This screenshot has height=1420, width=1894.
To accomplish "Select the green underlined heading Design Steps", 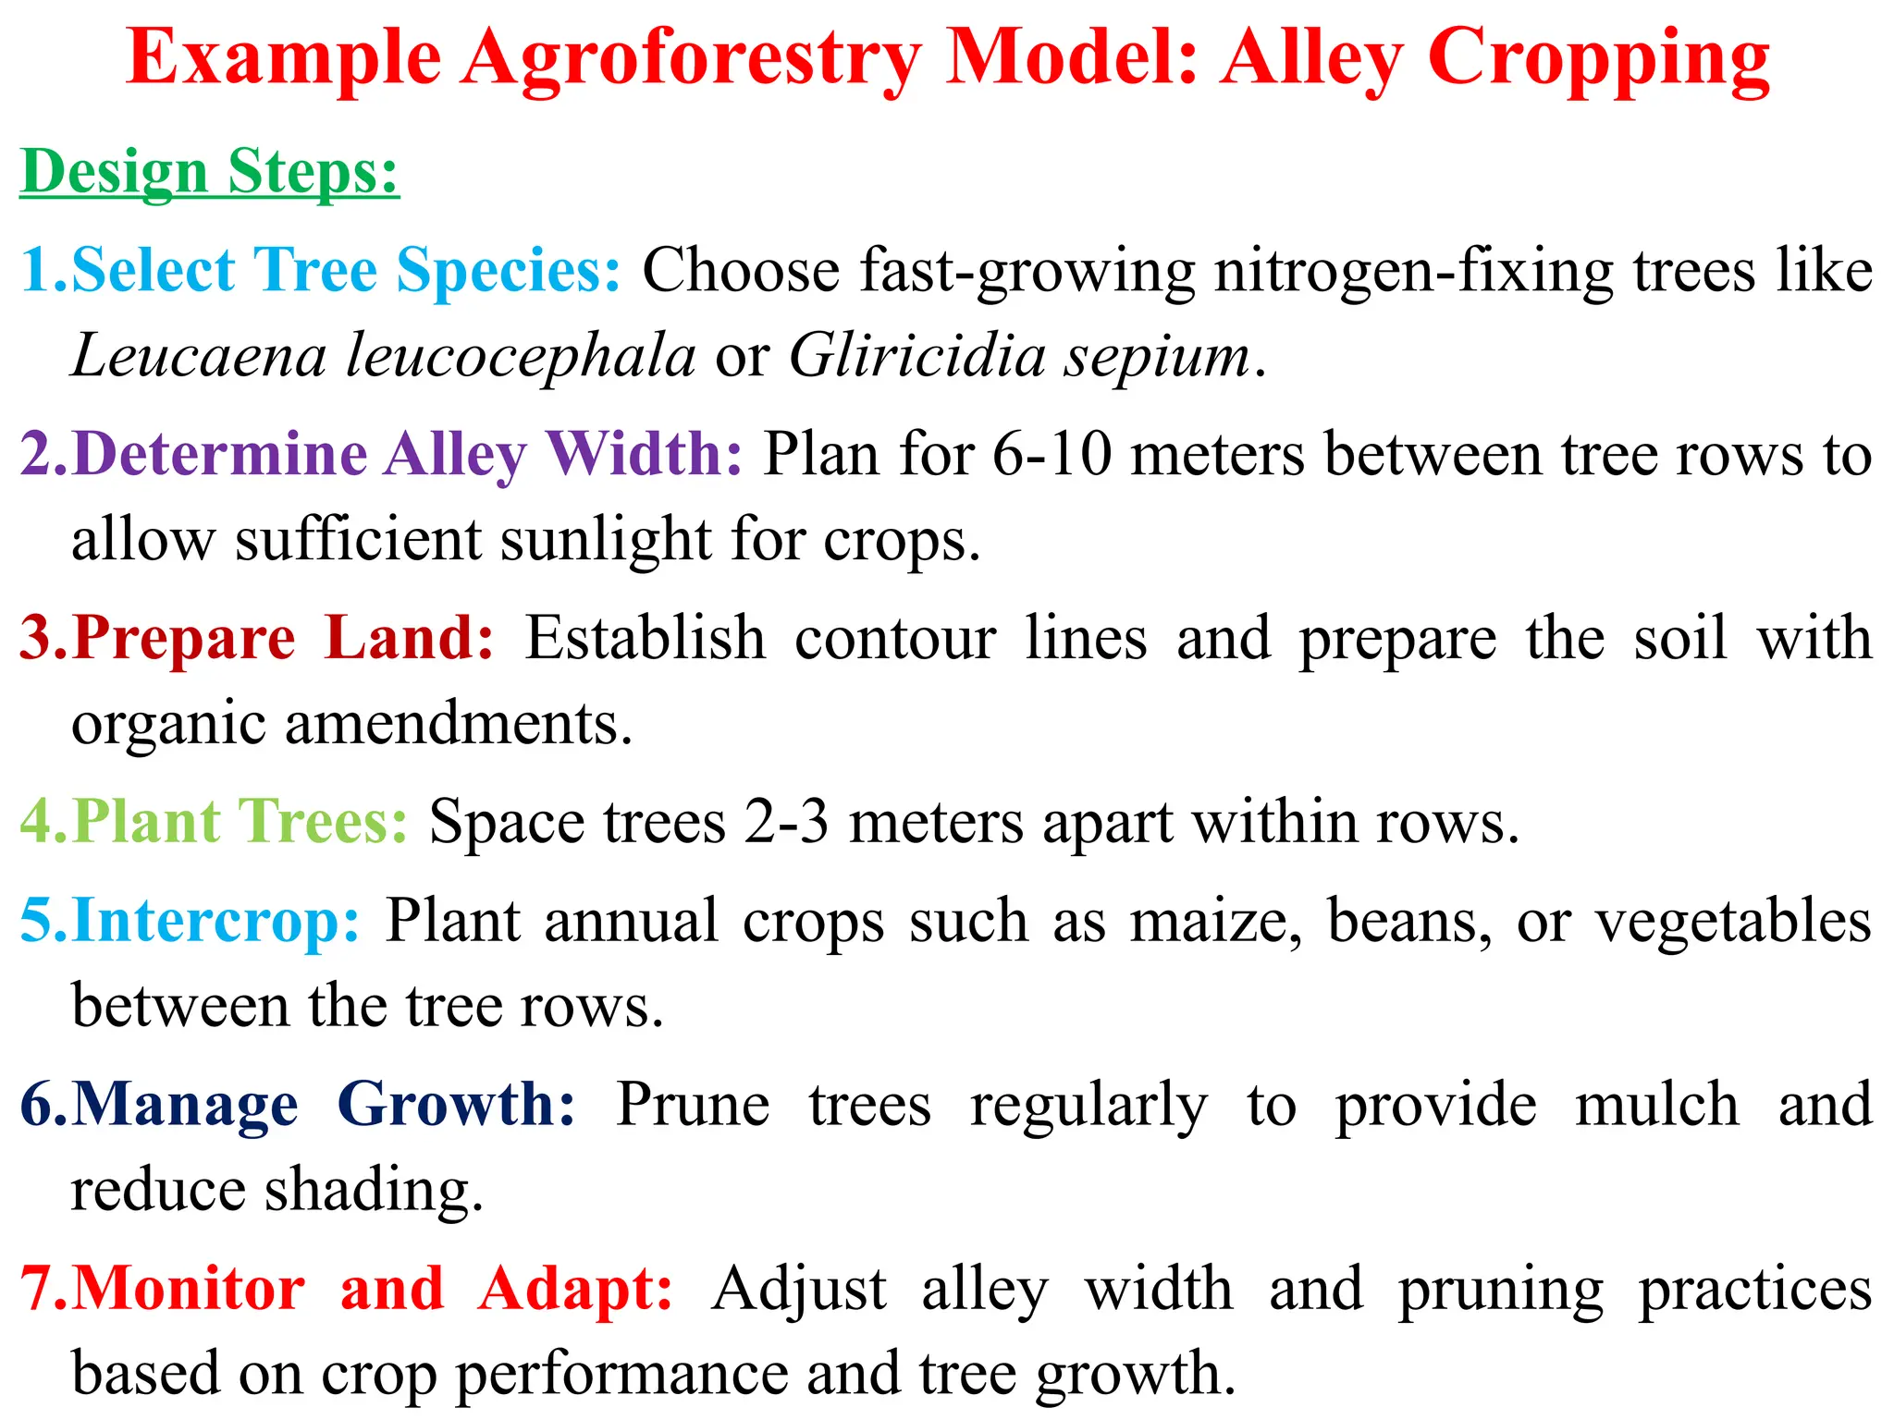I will coord(209,172).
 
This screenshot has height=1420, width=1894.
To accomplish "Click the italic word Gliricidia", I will coord(916,356).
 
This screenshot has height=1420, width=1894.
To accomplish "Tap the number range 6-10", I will coord(1052,454).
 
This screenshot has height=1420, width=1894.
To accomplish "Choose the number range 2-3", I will coord(786,822).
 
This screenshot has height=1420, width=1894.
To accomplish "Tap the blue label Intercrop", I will coord(215,921).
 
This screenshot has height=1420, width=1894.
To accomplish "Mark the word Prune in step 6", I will coord(693,1104).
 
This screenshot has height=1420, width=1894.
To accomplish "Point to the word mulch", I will coord(1656,1104).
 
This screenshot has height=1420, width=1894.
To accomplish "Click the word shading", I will coord(374,1191).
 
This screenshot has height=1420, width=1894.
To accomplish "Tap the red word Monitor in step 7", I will coord(189,1288).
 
